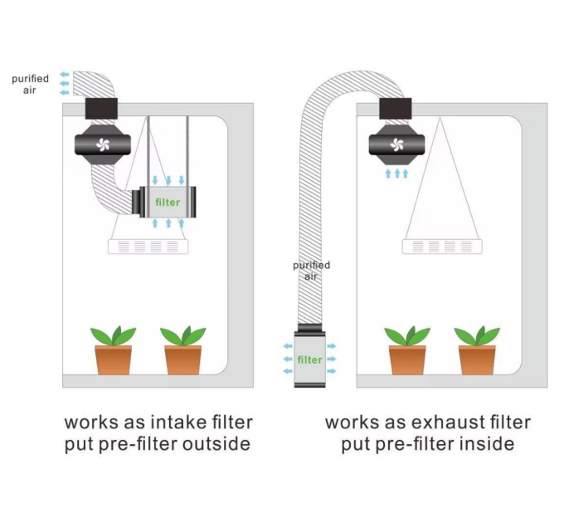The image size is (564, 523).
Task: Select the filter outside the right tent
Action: tap(309, 359)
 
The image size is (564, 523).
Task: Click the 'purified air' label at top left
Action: tap(30, 84)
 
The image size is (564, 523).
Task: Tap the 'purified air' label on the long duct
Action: tap(311, 271)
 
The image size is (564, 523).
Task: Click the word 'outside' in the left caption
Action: tap(214, 444)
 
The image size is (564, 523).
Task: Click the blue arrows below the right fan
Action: tap(396, 174)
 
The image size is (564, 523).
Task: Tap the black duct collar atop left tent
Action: tap(102, 107)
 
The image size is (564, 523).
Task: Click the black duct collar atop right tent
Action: tap(395, 107)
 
